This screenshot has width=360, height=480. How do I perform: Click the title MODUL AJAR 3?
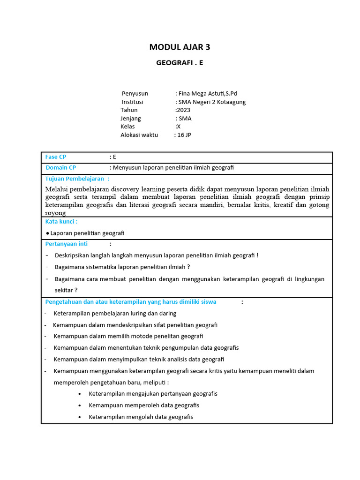point(180,47)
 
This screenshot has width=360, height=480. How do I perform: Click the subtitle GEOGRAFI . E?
point(180,63)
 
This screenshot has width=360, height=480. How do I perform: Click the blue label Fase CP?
point(56,157)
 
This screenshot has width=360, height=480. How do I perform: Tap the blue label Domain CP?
point(61,167)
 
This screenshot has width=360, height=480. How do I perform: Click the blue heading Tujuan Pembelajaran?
point(75,179)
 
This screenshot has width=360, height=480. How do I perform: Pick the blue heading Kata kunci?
point(61,221)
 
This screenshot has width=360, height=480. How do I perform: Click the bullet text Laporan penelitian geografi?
point(87,233)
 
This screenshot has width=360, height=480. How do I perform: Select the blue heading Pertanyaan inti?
point(67,244)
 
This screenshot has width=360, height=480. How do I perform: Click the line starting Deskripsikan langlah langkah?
point(157,255)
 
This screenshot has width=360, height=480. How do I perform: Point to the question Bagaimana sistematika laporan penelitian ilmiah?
point(122,267)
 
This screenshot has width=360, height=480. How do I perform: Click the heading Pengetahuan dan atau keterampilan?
point(131,302)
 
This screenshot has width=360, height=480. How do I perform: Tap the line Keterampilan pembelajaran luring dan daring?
point(115,313)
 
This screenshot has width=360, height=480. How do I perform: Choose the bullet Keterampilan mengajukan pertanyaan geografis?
point(153,394)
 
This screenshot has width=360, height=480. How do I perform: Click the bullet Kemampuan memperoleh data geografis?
point(144,405)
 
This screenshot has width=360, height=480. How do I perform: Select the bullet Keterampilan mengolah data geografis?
point(141,417)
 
